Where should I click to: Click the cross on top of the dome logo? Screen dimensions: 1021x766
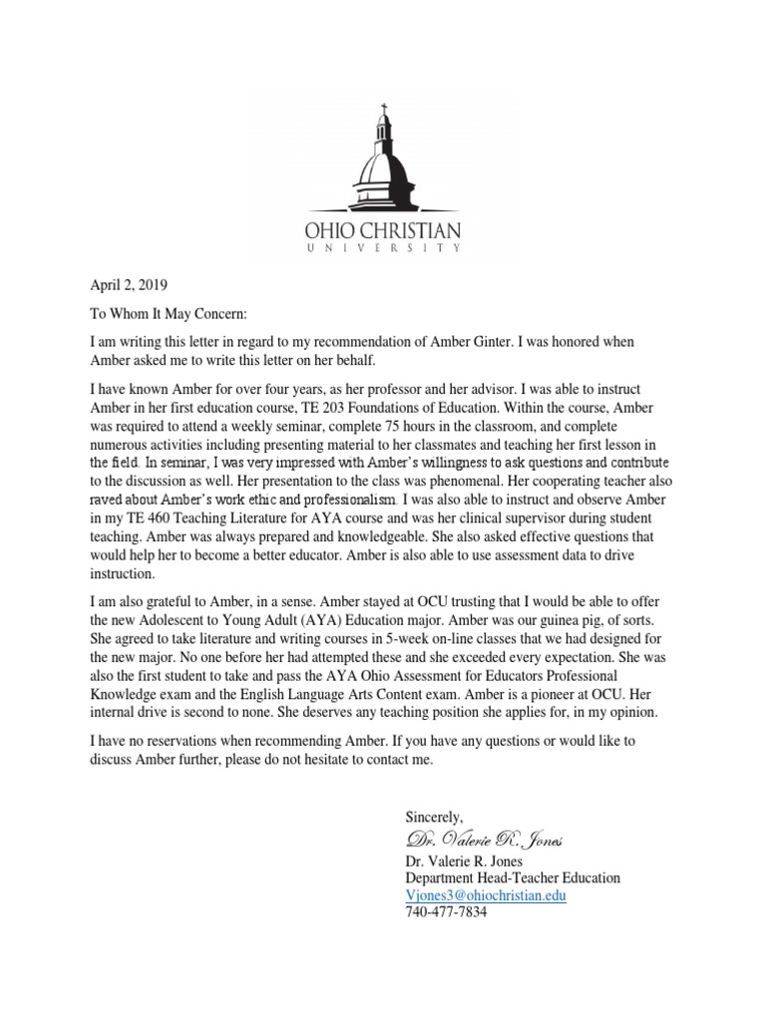pyautogui.click(x=382, y=109)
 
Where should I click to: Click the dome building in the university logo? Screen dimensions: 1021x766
pyautogui.click(x=382, y=165)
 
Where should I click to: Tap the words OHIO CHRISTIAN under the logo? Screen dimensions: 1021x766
pyautogui.click(x=383, y=231)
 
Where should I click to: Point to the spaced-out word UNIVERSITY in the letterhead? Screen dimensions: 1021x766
pyautogui.click(x=383, y=250)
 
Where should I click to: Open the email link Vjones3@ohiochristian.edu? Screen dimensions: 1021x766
pyautogui.click(x=486, y=895)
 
